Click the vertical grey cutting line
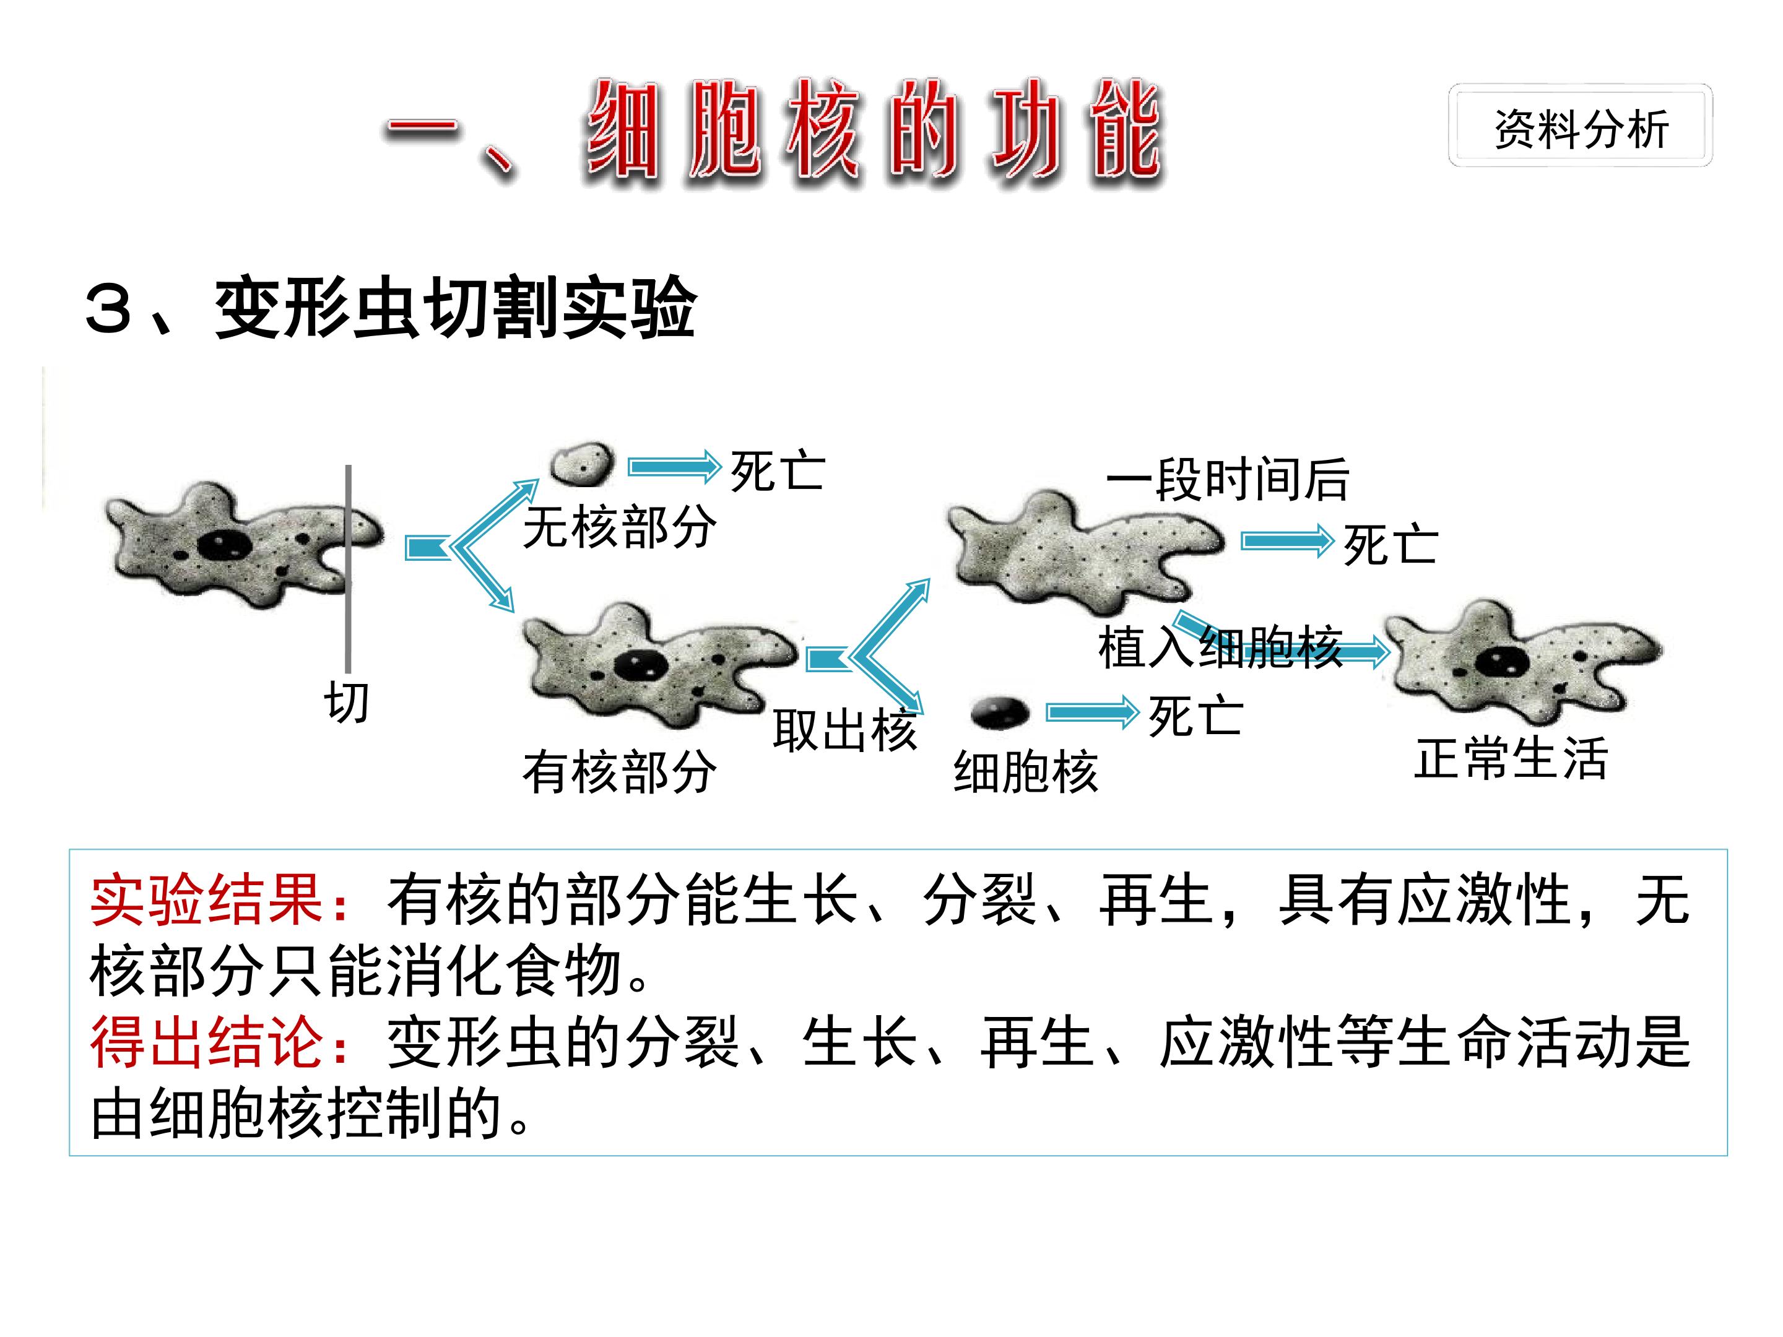coord(348,568)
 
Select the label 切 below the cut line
coord(347,702)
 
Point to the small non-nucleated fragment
coord(582,464)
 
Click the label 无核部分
coord(619,528)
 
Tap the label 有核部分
coord(619,771)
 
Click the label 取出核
coord(844,731)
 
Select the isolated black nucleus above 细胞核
coord(1000,712)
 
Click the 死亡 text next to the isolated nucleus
coord(1195,716)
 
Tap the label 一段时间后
coord(1228,478)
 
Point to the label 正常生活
coord(1511,758)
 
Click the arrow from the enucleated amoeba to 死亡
coord(1287,541)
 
